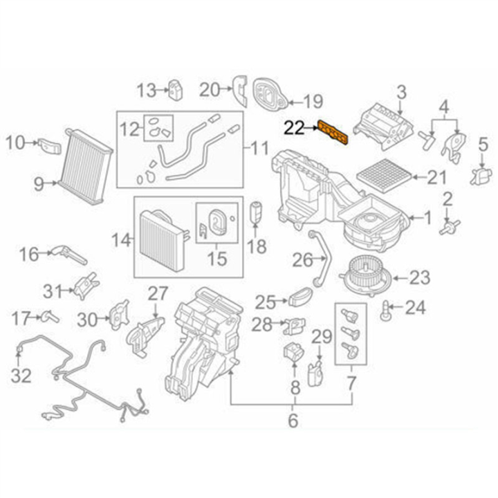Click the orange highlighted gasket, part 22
[x=335, y=133]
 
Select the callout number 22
[x=294, y=127]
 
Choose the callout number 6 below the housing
[x=293, y=420]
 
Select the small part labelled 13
[x=175, y=89]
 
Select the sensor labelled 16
[x=69, y=255]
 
